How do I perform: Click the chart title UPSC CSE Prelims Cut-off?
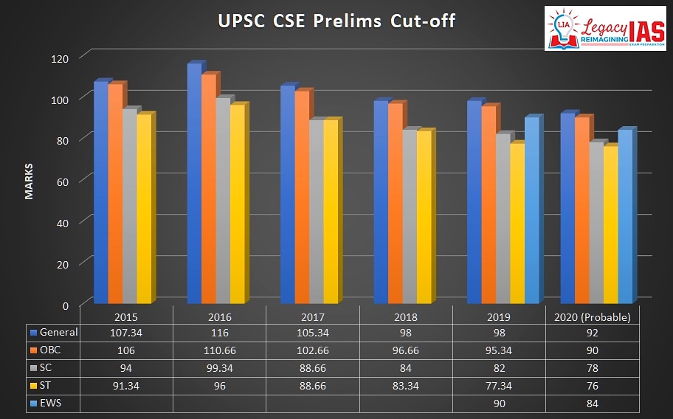336,21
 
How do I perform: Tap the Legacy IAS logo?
604,29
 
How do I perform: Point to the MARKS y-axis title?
29,181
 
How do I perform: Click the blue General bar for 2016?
193,184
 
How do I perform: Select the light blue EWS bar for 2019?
531,211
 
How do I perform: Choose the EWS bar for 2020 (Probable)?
624,217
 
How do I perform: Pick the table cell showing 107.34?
125,332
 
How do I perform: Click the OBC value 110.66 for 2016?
219,350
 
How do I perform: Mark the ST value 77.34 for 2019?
500,385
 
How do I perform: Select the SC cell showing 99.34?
219,367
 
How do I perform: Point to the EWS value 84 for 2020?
593,403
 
